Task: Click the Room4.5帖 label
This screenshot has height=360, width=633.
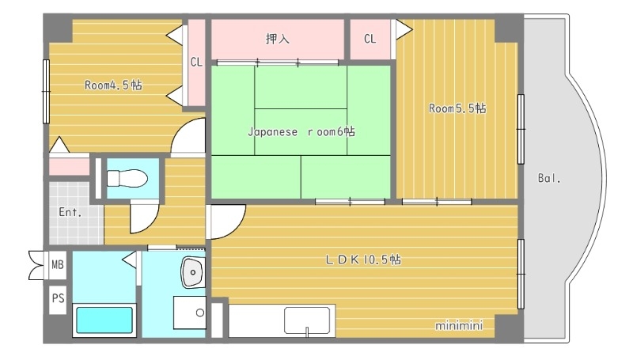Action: click(113, 85)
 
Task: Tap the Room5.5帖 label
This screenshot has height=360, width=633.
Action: click(457, 108)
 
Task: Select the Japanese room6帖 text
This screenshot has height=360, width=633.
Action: click(301, 131)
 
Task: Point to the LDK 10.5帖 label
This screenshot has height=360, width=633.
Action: click(363, 260)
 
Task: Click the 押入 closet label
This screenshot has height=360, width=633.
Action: click(278, 39)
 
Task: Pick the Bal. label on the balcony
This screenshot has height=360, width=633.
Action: click(549, 178)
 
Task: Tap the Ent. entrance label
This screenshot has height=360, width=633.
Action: click(70, 212)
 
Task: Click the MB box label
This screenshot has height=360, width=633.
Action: click(58, 265)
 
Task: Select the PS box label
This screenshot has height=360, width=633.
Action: click(58, 298)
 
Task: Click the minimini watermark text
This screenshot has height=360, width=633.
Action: click(459, 325)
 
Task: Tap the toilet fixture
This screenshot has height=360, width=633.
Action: click(127, 178)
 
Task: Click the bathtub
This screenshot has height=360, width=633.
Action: click(104, 320)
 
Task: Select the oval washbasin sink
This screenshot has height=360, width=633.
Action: click(192, 272)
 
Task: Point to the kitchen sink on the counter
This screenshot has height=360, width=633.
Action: click(307, 320)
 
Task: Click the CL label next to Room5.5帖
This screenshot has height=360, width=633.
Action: click(370, 39)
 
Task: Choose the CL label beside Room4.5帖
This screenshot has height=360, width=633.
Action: click(196, 63)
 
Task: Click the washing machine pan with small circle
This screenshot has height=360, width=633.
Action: click(190, 313)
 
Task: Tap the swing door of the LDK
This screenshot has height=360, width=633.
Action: click(226, 222)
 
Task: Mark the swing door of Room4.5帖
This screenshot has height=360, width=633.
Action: click(188, 136)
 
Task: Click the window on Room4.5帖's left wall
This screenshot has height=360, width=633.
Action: click(46, 91)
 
